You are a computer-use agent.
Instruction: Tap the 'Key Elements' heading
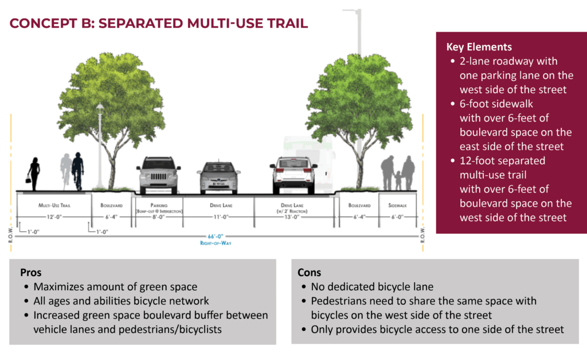(x=479, y=47)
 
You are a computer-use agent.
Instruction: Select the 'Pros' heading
(x=31, y=272)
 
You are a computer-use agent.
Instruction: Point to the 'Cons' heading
(x=309, y=272)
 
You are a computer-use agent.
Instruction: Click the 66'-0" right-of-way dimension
(x=216, y=236)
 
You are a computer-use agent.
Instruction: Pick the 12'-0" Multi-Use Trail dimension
(x=54, y=217)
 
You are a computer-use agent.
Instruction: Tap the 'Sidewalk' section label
(x=397, y=205)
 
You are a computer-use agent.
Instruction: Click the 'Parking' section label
(x=159, y=205)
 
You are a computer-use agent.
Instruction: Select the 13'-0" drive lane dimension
(x=292, y=217)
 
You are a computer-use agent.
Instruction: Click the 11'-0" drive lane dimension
(x=221, y=217)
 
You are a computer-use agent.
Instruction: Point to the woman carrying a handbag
(x=34, y=174)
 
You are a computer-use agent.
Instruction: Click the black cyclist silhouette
(x=78, y=171)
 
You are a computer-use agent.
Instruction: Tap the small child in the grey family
(x=398, y=181)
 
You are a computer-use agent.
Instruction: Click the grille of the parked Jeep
(x=159, y=176)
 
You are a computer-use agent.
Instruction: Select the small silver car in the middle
(x=218, y=178)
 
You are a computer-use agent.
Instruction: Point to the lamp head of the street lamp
(x=100, y=108)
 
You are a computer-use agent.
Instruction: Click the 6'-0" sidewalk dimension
(x=397, y=217)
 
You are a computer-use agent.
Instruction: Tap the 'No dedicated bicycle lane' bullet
(x=372, y=287)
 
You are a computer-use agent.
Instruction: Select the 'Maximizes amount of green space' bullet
(x=115, y=287)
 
